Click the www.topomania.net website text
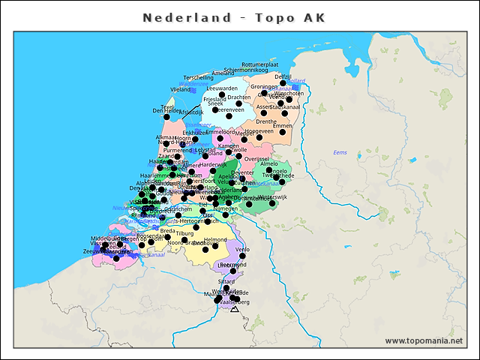pos(424,341)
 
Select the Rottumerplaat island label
pos(260,65)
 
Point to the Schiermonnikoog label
pos(246,70)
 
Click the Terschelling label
pos(199,77)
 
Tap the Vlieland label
pos(181,89)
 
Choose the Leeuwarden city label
pos(221,88)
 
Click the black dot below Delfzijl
pos(283,83)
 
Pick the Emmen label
pos(282,126)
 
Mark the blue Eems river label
pos(340,153)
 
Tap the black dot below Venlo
pos(242,256)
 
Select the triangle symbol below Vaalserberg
pos(235,308)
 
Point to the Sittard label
pos(226,281)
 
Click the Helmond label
pos(215,240)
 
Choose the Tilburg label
pos(184,233)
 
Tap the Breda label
pos(168,231)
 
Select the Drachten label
pos(238,97)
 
